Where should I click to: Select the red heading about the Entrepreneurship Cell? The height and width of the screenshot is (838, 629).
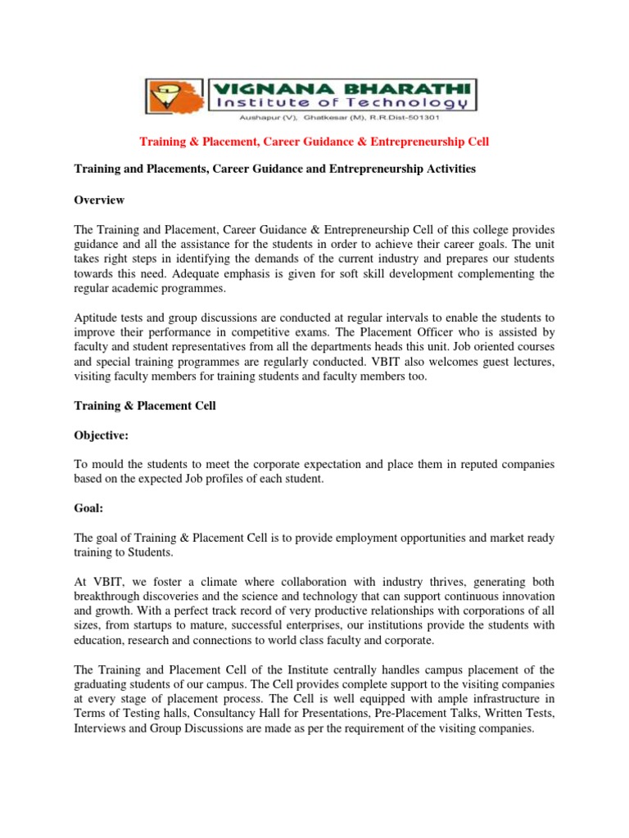click(314, 142)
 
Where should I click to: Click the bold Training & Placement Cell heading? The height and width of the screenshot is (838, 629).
click(146, 406)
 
